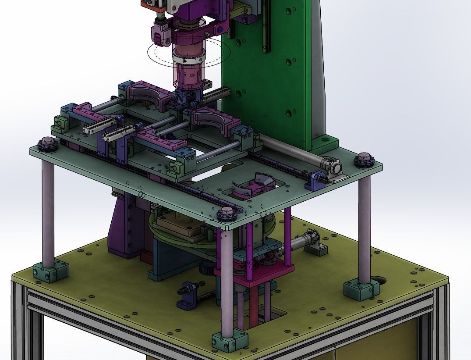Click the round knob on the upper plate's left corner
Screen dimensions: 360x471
tap(48, 144)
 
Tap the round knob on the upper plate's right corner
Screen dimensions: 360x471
tap(364, 160)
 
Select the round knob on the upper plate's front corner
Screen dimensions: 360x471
tap(227, 214)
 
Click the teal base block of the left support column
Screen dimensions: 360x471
tap(51, 271)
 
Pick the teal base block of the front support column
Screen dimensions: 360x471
tap(230, 340)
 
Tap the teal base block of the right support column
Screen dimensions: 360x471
tap(361, 290)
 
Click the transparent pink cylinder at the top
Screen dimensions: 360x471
tap(188, 72)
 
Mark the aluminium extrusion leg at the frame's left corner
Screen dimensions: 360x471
tap(20, 324)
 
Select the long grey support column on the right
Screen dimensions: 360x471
tap(364, 228)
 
